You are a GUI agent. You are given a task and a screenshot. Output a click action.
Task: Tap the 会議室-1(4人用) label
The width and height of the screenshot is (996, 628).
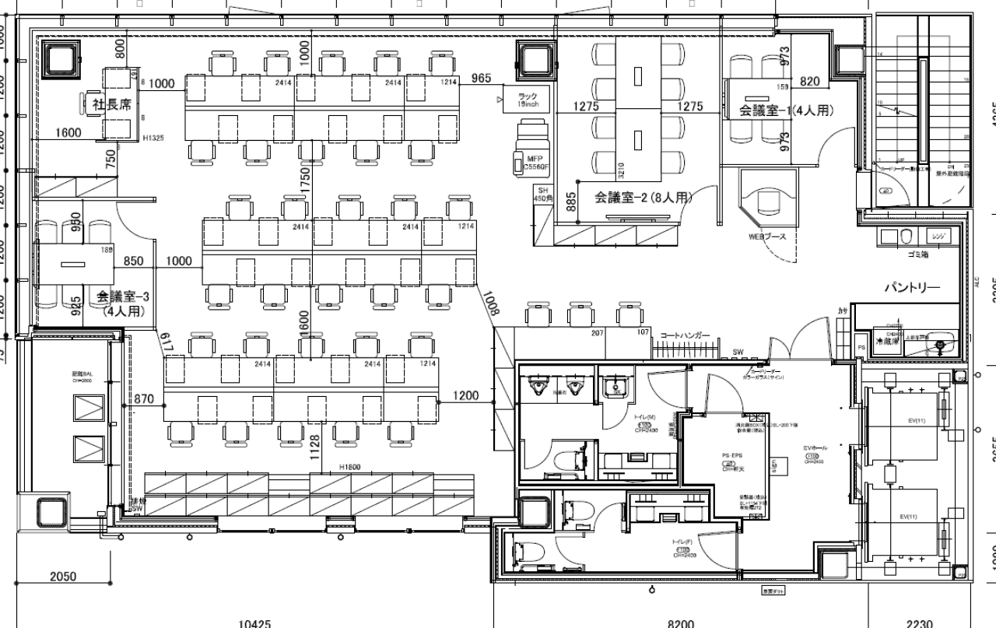coord(786,111)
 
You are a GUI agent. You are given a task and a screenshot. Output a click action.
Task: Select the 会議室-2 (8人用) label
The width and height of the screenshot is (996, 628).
coord(643,198)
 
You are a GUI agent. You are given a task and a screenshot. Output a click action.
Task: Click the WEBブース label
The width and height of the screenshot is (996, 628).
coord(767,237)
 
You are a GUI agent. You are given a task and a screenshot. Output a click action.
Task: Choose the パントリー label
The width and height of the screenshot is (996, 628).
coord(911,288)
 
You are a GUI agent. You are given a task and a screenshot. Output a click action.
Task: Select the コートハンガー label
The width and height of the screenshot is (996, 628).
coord(685,335)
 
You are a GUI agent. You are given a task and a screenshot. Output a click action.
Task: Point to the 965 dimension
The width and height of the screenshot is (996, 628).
coord(482,78)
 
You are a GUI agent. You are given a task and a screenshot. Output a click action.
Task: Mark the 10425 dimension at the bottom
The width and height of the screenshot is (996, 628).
coord(254,623)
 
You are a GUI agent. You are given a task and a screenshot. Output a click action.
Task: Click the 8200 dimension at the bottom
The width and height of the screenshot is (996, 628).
coord(681,623)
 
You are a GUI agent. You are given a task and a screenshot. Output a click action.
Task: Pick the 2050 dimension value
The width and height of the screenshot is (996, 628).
coord(63,577)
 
